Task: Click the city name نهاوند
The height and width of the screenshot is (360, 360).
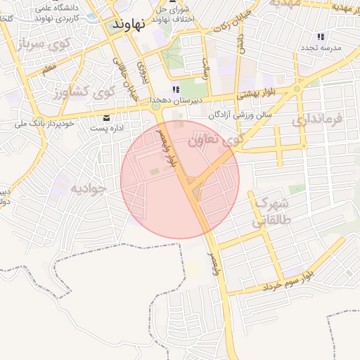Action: (129, 23)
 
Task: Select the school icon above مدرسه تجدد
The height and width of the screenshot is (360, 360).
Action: (321, 37)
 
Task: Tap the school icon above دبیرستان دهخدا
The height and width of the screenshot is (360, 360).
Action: (176, 89)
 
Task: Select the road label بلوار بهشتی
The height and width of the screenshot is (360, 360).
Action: (256, 92)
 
